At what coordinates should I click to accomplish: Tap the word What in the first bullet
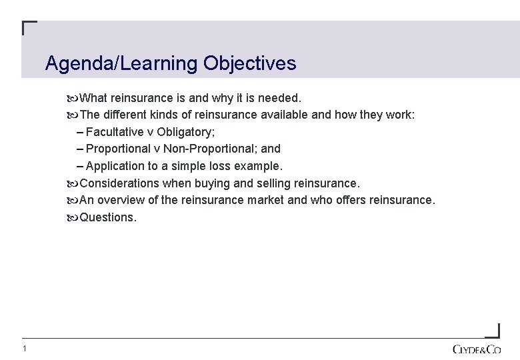(94, 98)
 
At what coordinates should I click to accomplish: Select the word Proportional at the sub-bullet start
(119, 149)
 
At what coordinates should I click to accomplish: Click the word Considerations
(119, 183)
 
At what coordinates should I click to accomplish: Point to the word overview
(122, 200)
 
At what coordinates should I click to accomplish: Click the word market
(269, 200)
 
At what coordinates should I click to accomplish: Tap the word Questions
(107, 217)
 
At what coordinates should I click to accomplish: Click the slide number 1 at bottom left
(24, 349)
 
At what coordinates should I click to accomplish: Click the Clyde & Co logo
(476, 349)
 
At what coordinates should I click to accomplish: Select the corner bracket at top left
(29, 28)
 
